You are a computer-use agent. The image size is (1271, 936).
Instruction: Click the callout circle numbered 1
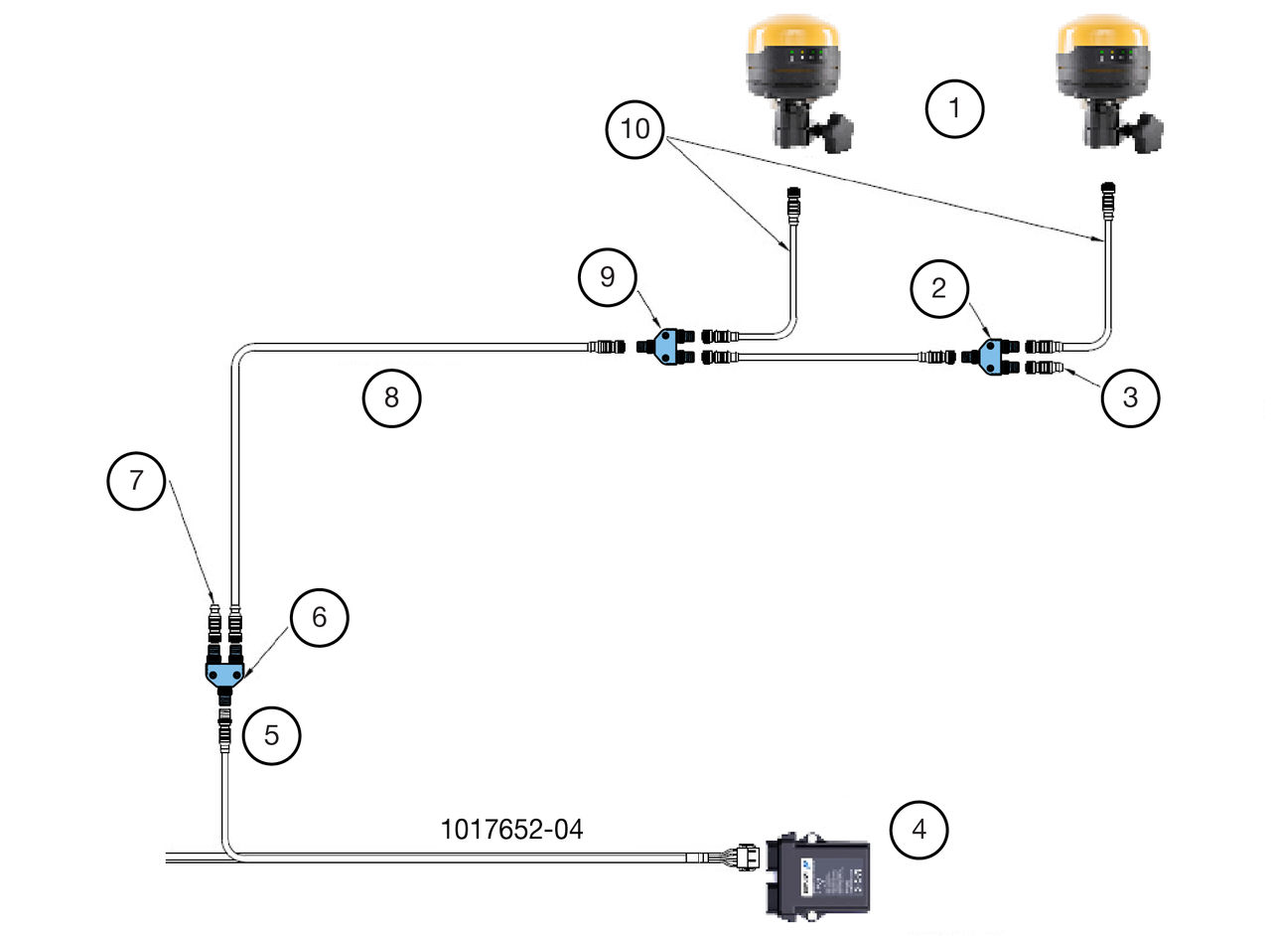coord(954,108)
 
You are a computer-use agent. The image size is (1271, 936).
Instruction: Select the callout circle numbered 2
coord(939,288)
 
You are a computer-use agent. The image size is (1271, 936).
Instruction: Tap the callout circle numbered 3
coord(1130,397)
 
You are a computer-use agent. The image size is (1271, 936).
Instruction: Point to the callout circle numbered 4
coord(918,830)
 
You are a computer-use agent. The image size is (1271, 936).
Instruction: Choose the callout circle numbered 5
coord(271,735)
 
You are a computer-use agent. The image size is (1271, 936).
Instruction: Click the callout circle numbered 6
coord(320,617)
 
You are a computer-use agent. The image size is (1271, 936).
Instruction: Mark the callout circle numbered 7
coord(136,481)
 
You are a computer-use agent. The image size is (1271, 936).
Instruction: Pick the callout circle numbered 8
coord(391,397)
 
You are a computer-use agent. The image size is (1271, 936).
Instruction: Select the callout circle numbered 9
coord(608,277)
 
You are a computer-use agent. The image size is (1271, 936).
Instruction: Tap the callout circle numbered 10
coord(635,129)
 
